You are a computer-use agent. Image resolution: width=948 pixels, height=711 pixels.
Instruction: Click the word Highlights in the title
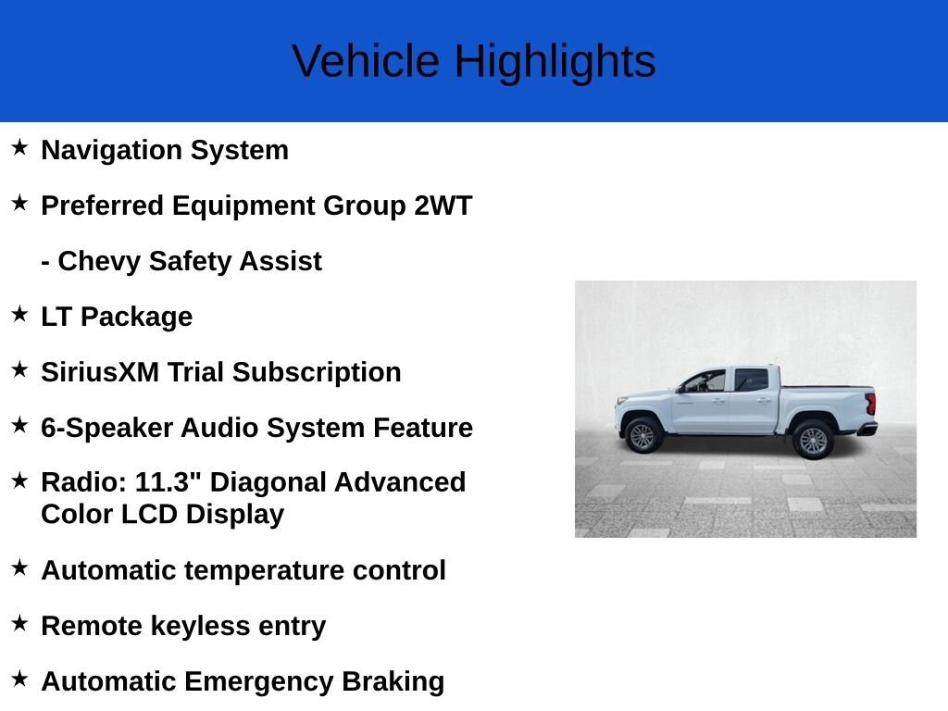(x=555, y=62)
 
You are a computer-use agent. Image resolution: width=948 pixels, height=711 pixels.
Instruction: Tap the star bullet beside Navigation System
(x=19, y=147)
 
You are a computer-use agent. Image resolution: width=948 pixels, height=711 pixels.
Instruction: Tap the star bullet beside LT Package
(x=19, y=314)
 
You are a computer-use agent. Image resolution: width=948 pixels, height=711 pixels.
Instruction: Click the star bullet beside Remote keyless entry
(x=19, y=623)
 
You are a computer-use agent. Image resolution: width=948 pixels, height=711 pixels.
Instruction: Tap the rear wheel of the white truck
(x=813, y=440)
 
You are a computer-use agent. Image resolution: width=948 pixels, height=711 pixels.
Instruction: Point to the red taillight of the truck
(x=870, y=404)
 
